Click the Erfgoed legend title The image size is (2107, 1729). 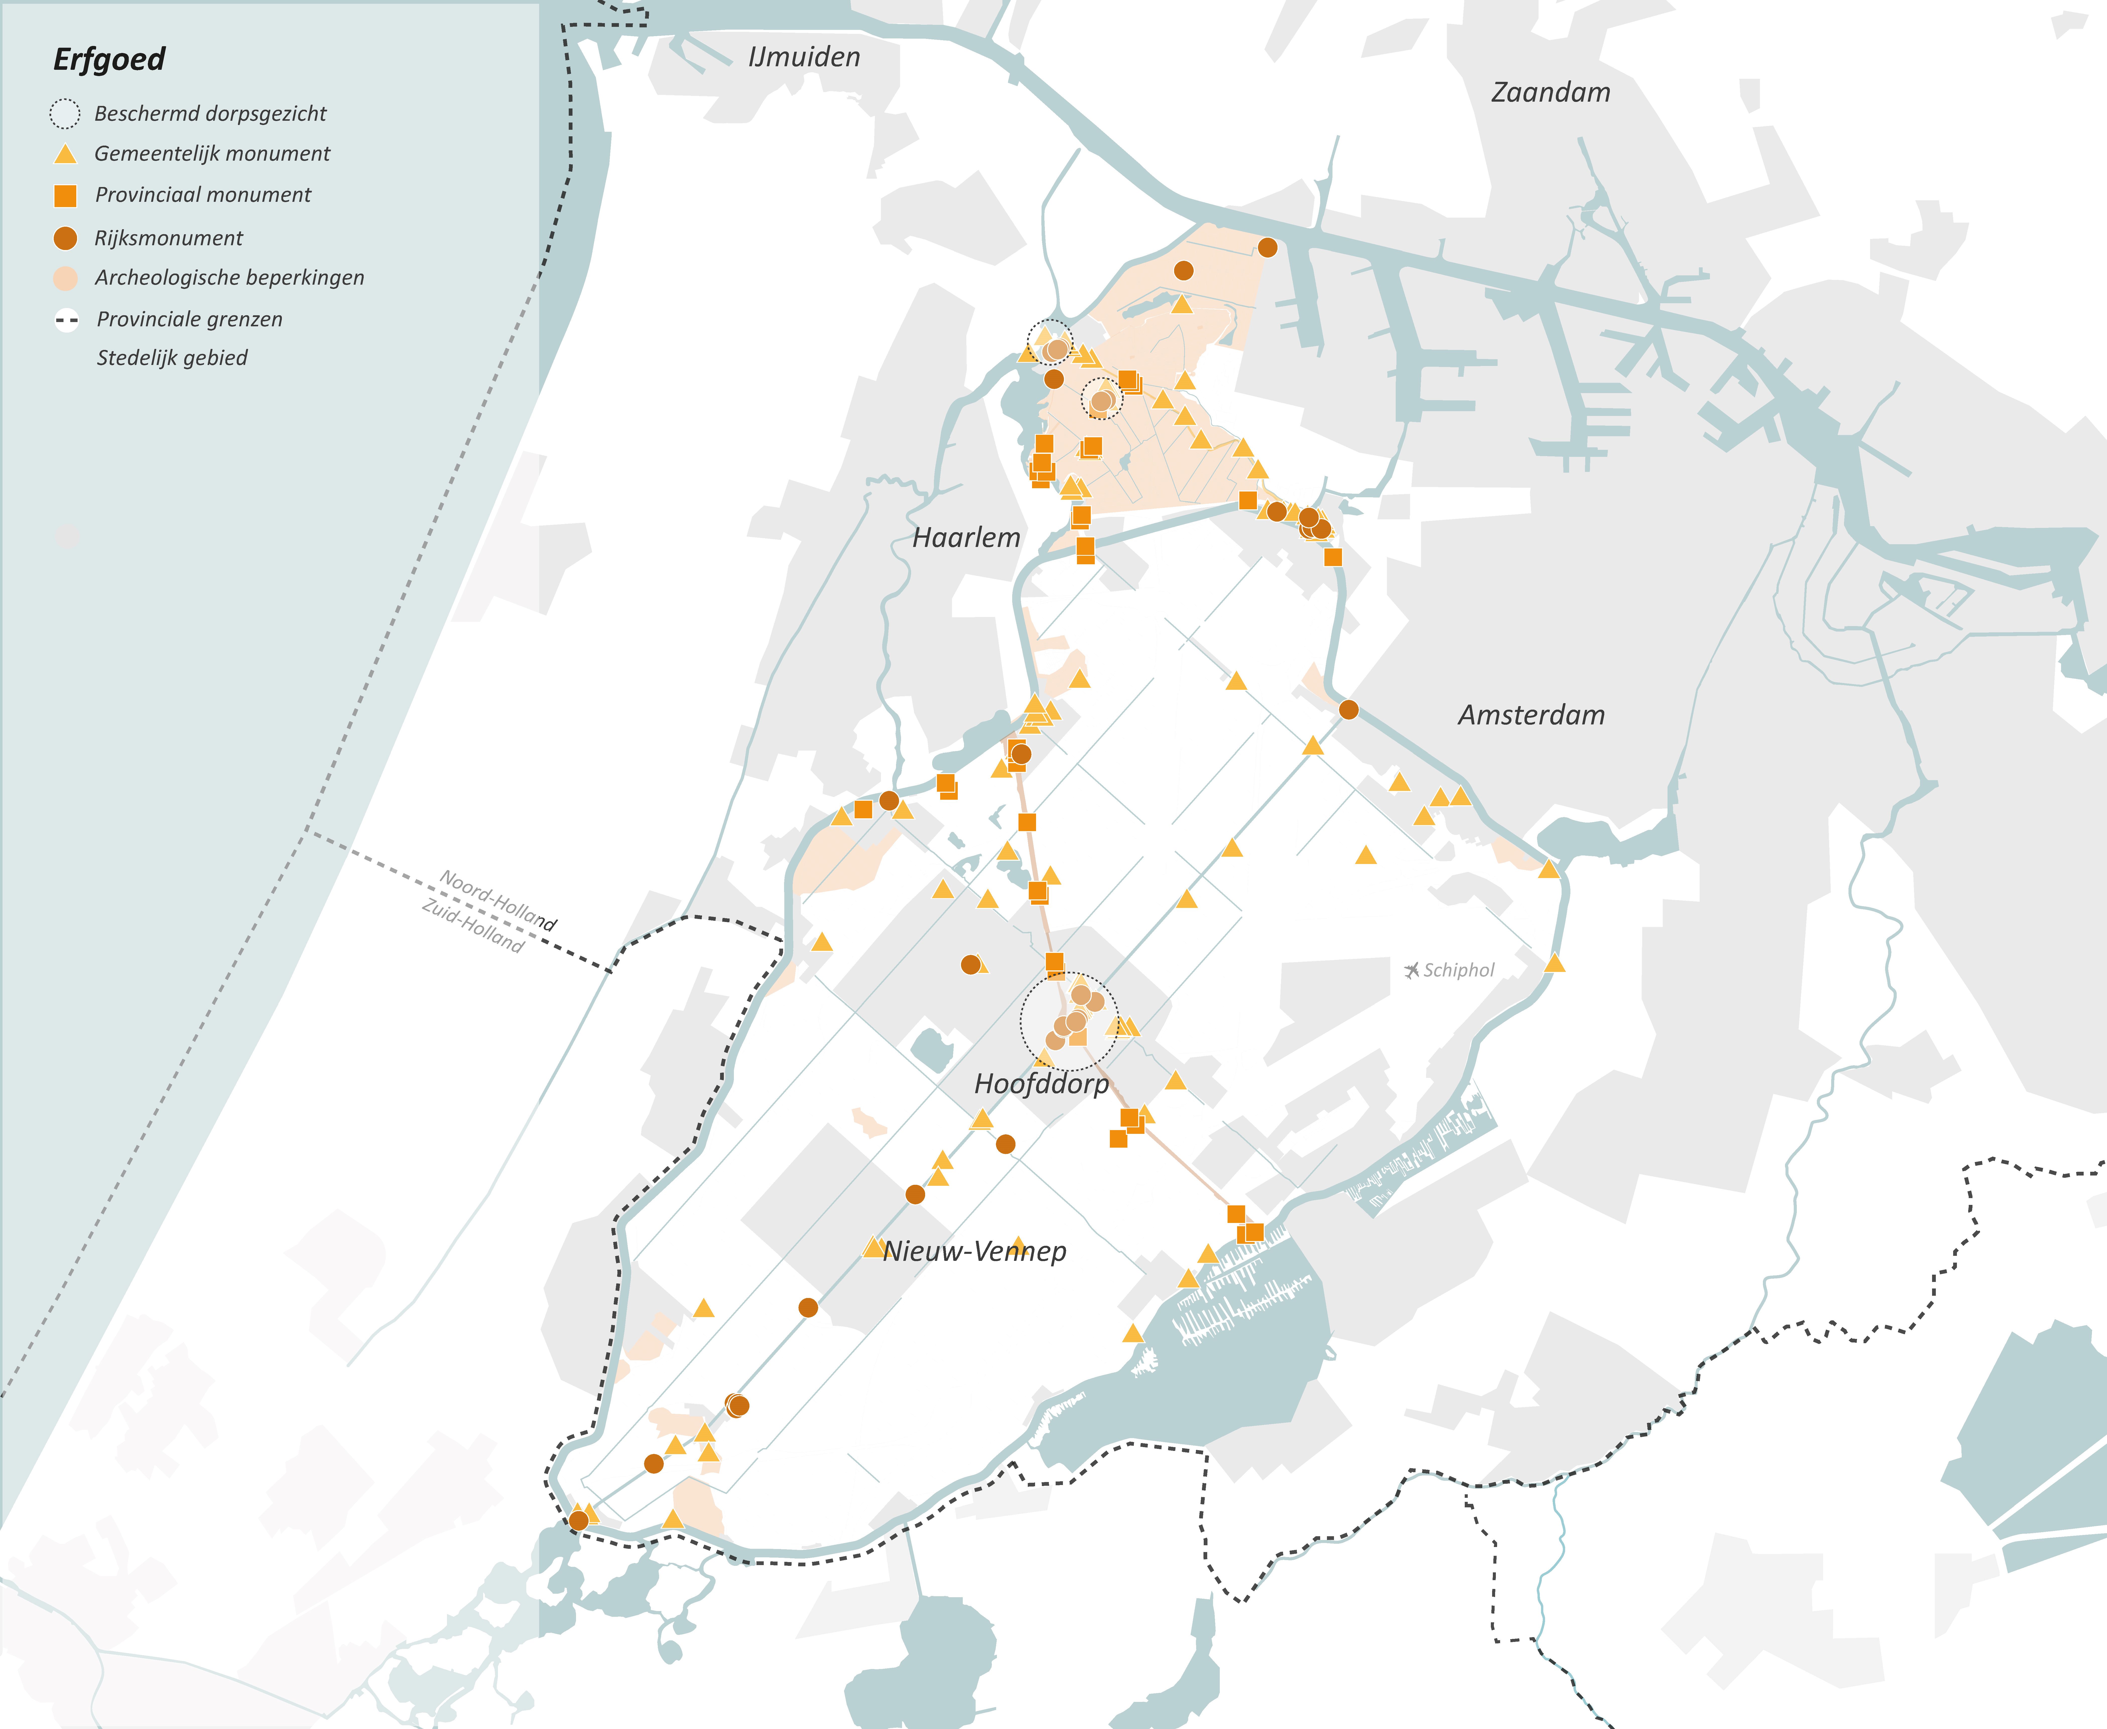click(109, 60)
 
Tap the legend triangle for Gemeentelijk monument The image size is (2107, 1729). click(65, 154)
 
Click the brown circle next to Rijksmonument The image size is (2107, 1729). click(65, 238)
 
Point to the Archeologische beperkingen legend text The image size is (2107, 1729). click(229, 278)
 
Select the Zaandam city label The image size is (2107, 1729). click(1550, 93)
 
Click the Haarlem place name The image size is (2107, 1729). click(966, 538)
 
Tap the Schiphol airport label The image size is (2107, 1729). click(1459, 970)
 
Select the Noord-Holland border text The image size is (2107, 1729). click(498, 899)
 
